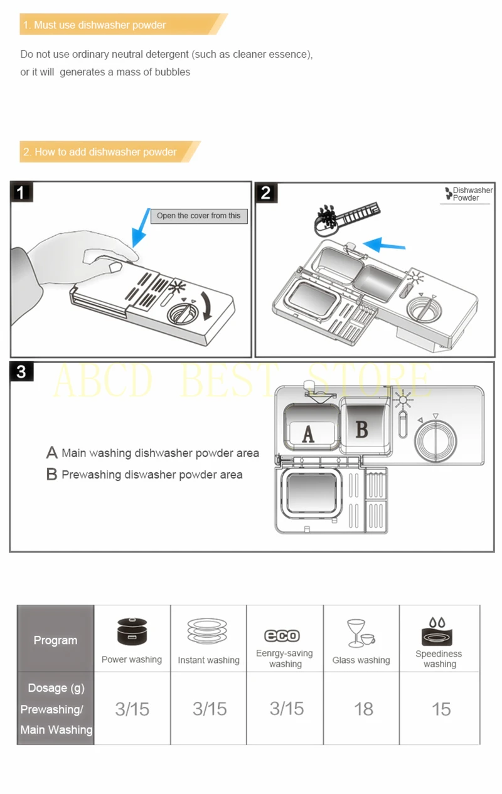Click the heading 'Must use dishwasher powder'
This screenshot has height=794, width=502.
click(x=100, y=25)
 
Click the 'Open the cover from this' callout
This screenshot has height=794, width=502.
click(x=199, y=216)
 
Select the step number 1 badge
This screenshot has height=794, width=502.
click(x=21, y=193)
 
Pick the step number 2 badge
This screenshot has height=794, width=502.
click(x=265, y=193)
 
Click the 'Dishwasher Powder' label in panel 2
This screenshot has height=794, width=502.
click(x=469, y=194)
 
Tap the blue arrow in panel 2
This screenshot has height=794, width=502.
click(x=384, y=244)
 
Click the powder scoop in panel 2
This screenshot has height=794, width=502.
click(x=346, y=218)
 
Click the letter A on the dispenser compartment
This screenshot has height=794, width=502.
click(x=308, y=434)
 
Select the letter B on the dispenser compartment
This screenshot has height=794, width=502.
click(x=361, y=429)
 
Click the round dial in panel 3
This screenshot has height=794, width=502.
click(x=435, y=441)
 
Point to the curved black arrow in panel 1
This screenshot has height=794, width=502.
click(x=206, y=305)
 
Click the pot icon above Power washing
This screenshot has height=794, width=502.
click(x=132, y=632)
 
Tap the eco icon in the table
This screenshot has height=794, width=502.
click(x=282, y=635)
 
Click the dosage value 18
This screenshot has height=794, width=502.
click(x=363, y=709)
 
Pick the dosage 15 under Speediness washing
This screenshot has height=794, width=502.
click(x=441, y=709)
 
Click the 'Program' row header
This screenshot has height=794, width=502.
click(x=55, y=640)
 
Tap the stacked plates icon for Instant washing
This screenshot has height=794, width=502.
click(x=207, y=632)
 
